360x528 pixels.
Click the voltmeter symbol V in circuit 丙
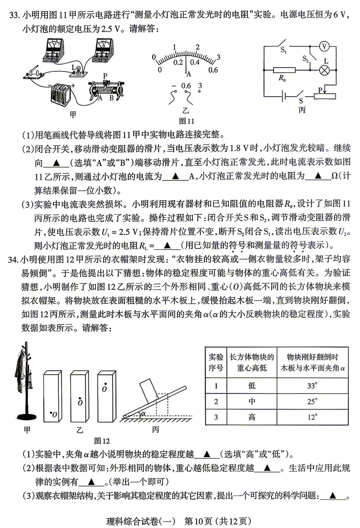(x=324, y=47)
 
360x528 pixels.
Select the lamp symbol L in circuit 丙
(x=324, y=70)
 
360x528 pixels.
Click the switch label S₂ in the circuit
(x=306, y=59)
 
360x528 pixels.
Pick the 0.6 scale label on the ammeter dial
(x=213, y=70)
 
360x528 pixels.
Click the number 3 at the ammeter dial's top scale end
(x=218, y=57)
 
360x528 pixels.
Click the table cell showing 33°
(x=312, y=386)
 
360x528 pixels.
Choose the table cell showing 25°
(x=312, y=401)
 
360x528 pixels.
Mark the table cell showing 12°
(x=312, y=417)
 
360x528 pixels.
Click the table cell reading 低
(x=251, y=386)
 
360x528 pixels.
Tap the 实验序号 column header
(x=216, y=362)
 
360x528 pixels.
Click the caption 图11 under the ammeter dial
(x=186, y=121)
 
